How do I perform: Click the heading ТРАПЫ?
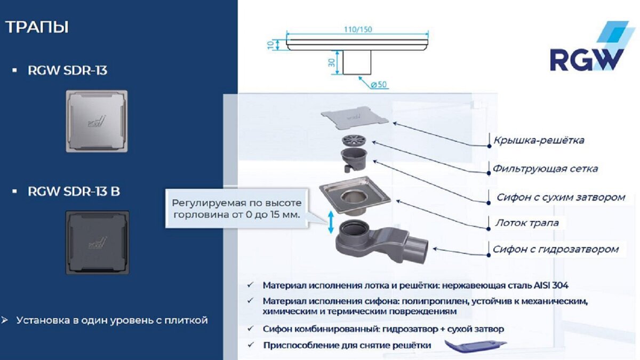point(37,27)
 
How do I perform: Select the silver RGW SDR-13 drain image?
point(96,121)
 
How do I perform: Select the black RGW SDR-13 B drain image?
point(96,242)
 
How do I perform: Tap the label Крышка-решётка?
point(538,141)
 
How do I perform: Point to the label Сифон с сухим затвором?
point(561,197)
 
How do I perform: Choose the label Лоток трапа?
point(525,223)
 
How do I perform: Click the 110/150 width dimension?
point(357,30)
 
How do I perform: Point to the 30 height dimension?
point(331,62)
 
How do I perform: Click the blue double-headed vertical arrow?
point(331,221)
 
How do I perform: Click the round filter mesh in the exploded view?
point(355,142)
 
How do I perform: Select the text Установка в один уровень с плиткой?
point(111,321)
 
